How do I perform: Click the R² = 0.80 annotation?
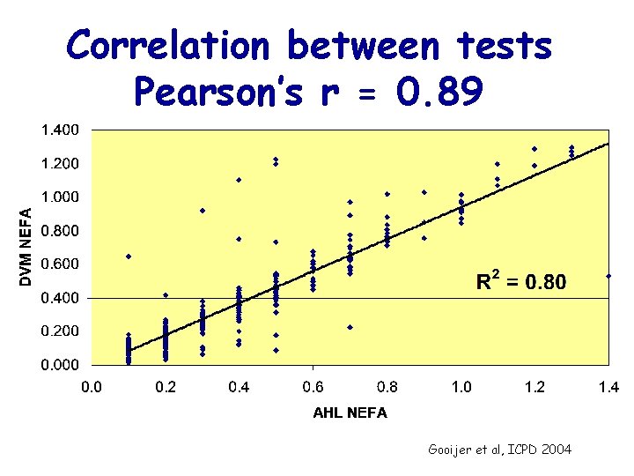(521, 282)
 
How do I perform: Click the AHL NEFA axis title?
(350, 413)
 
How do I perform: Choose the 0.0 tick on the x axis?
(92, 386)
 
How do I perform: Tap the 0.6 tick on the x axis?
(313, 386)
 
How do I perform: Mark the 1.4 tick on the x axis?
(608, 386)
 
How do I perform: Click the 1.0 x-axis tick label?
(461, 386)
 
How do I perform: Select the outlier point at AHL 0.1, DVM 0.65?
(129, 257)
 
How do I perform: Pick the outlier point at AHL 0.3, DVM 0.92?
(203, 211)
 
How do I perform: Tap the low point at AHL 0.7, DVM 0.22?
(350, 327)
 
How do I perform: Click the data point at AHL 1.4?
(608, 276)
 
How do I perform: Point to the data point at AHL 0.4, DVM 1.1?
(239, 180)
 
